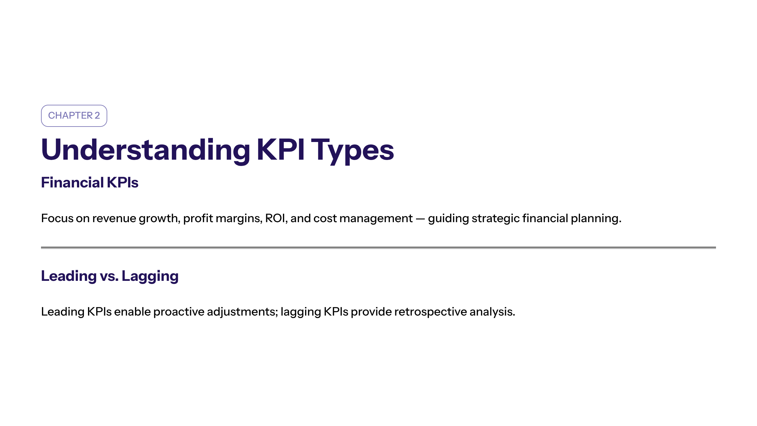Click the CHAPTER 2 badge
pyautogui.click(x=74, y=115)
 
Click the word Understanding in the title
pyautogui.click(x=145, y=150)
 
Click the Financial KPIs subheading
pyautogui.click(x=90, y=182)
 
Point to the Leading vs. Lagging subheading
pyautogui.click(x=110, y=276)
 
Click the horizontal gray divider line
pyautogui.click(x=378, y=248)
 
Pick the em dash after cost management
pyautogui.click(x=420, y=218)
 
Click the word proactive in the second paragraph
pyautogui.click(x=179, y=312)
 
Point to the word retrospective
pyautogui.click(x=430, y=312)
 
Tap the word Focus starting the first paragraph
pyautogui.click(x=57, y=218)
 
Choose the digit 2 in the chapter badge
pyautogui.click(x=97, y=115)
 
